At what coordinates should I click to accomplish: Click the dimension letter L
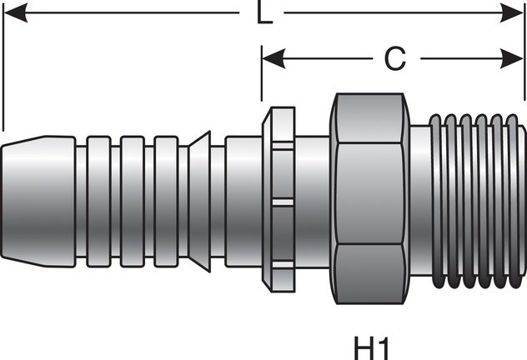pos(263,14)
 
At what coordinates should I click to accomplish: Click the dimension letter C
pos(394,58)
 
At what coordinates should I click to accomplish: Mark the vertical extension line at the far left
pos(3,67)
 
